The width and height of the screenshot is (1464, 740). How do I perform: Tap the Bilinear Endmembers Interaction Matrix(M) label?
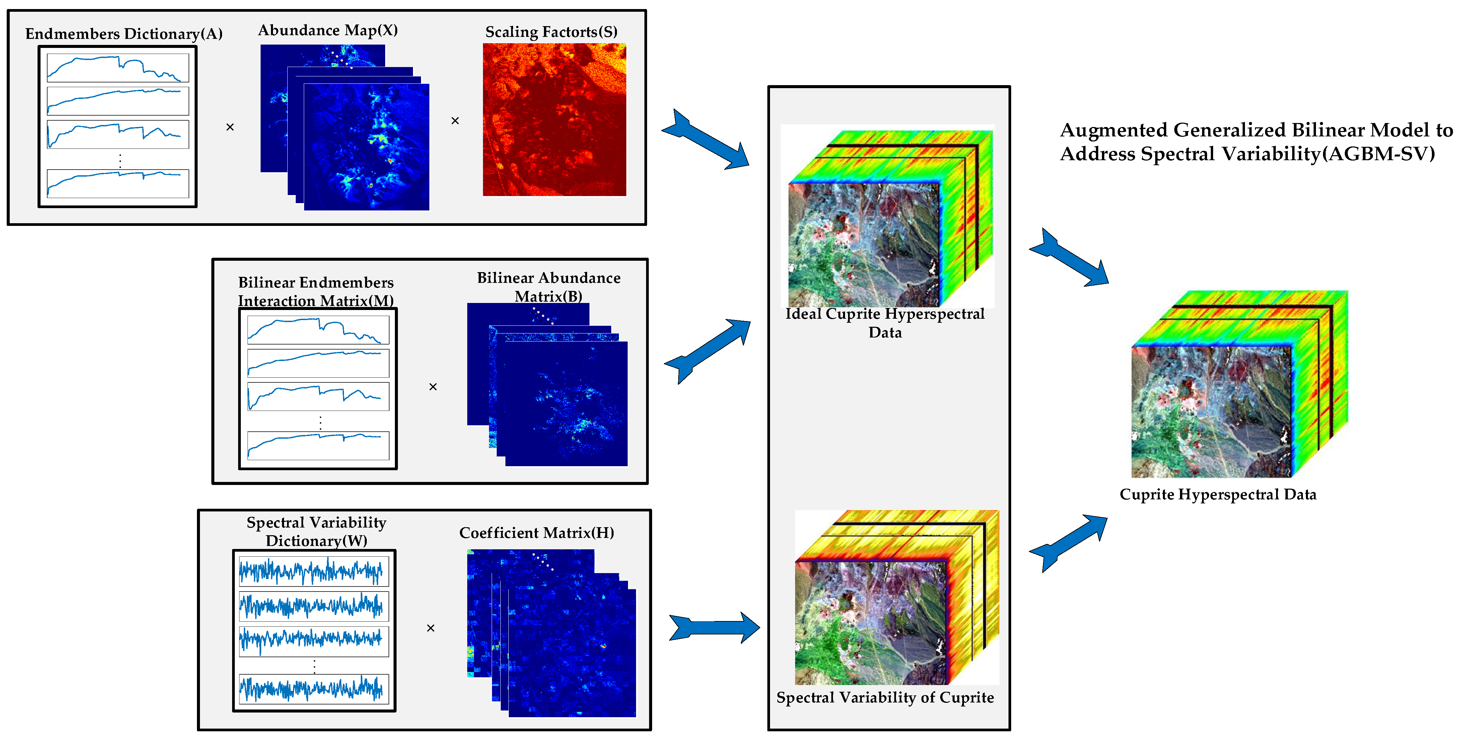pos(316,291)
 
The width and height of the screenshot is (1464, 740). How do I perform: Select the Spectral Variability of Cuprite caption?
pos(885,697)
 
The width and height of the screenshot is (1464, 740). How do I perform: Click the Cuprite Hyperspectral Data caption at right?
pos(1217,494)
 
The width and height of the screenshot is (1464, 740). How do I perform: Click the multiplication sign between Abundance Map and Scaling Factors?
pos(455,121)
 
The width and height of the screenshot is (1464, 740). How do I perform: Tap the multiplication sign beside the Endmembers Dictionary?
pos(230,127)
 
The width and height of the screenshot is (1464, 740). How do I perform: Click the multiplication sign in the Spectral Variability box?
pos(430,628)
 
